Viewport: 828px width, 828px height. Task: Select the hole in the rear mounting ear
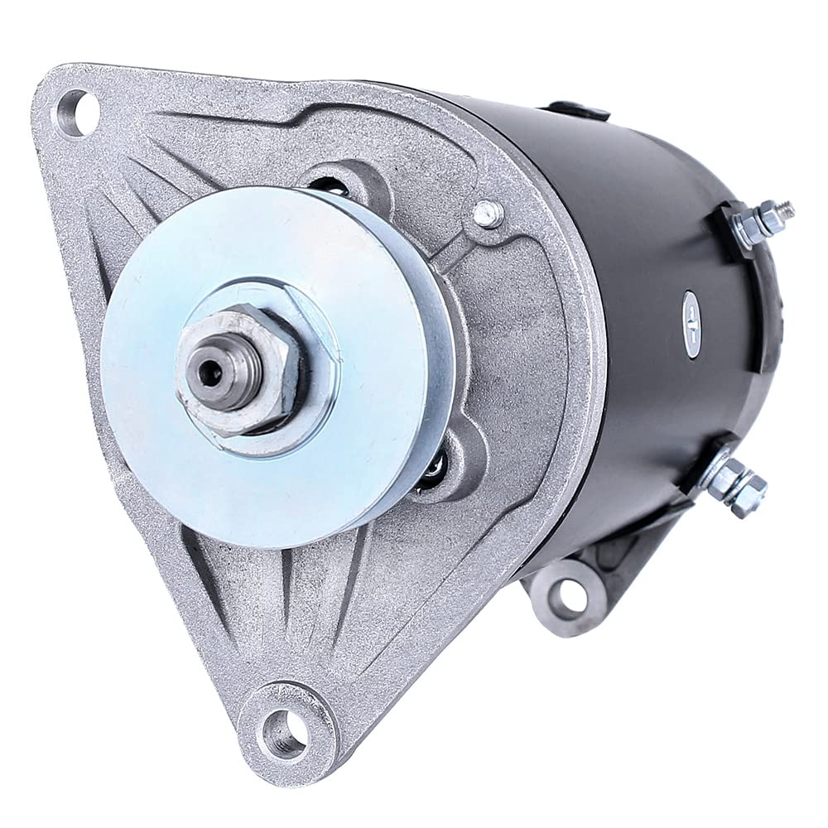click(567, 595)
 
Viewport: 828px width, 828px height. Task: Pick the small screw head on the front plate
click(489, 214)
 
